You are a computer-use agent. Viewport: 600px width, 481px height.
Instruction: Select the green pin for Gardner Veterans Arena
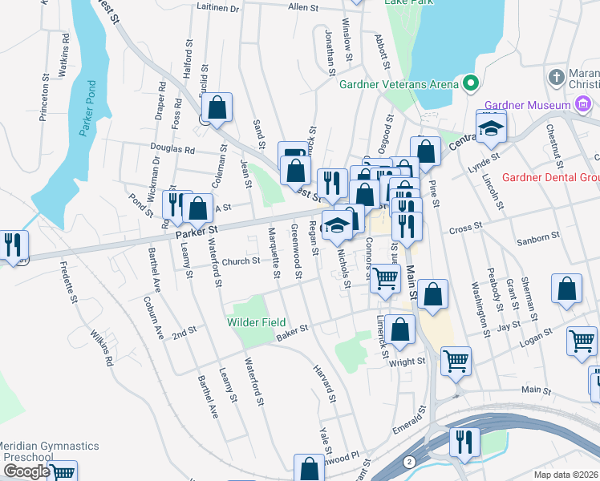469,83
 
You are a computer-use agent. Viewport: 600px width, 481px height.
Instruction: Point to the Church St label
241,261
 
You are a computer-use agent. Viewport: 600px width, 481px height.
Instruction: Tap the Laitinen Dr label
218,8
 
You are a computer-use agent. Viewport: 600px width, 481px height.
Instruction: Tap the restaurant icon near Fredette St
13,245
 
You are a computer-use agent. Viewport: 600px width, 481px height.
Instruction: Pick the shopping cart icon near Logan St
582,340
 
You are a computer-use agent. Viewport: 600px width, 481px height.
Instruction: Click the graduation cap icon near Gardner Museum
491,127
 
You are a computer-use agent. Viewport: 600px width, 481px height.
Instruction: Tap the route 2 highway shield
410,462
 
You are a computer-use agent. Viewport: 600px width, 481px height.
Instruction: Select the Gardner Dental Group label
550,177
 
